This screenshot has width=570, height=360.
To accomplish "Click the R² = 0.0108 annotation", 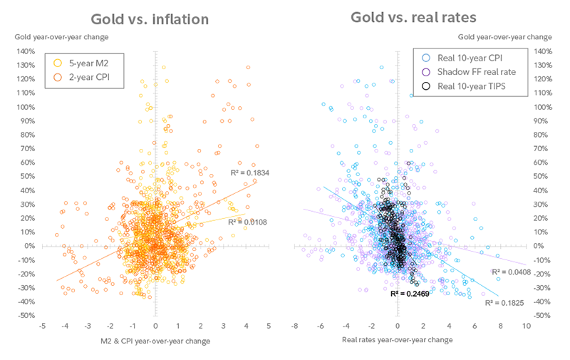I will pyautogui.click(x=247, y=222).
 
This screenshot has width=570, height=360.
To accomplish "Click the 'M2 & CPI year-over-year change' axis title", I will pyautogui.click(x=156, y=341).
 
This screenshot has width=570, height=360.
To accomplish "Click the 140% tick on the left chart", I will pyautogui.click(x=26, y=51).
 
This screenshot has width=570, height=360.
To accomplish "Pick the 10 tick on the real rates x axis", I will pyautogui.click(x=527, y=326).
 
